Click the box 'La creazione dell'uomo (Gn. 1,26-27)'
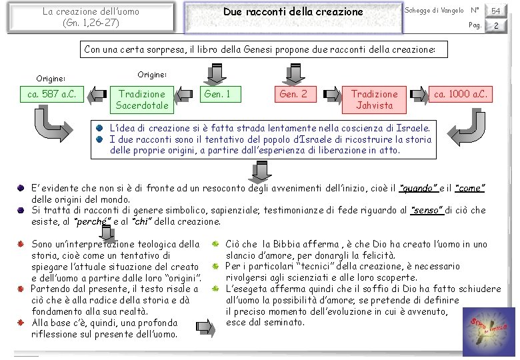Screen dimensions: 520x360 91,17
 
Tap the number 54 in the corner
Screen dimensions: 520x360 495,11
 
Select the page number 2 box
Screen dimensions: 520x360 495,25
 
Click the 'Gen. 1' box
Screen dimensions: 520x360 217,95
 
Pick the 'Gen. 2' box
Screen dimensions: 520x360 293,95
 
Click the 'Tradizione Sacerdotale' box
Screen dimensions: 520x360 142,99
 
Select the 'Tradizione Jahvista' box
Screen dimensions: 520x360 374,99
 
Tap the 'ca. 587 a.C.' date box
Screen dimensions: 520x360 51,95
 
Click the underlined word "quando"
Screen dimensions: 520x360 419,189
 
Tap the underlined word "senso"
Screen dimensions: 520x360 427,210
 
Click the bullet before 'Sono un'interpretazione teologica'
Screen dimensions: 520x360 23,245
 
